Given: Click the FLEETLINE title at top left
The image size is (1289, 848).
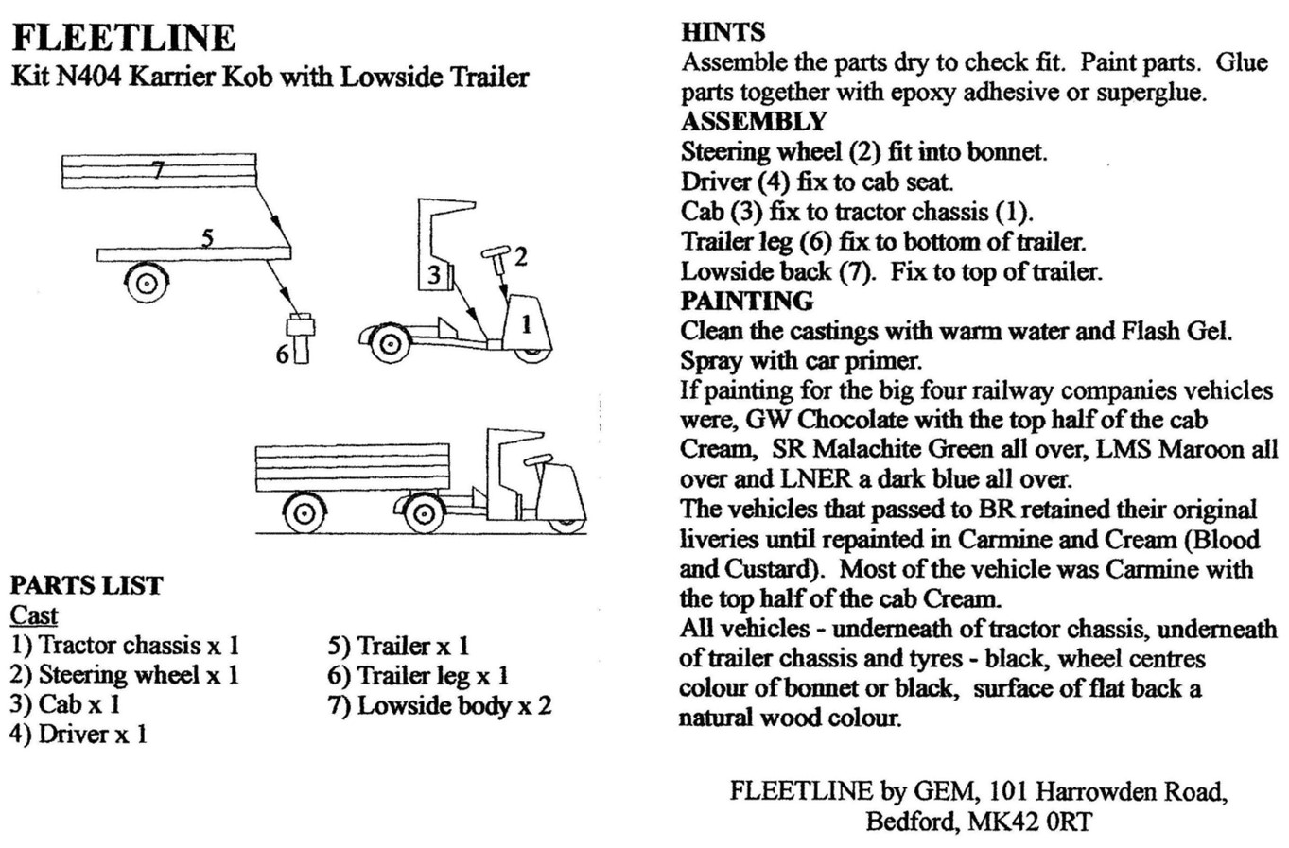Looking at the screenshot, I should click(x=123, y=38).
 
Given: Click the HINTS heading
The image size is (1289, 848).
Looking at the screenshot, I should click(x=723, y=32).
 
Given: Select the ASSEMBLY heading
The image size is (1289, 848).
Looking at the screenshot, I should click(x=754, y=122).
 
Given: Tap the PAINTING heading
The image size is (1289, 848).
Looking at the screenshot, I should click(x=747, y=302).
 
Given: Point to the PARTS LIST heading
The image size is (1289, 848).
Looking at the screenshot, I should click(x=86, y=585).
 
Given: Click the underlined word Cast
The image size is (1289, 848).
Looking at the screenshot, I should click(x=34, y=615).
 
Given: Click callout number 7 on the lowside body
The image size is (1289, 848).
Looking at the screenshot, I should click(x=157, y=170).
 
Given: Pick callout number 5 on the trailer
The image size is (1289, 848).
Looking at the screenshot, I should click(x=207, y=238).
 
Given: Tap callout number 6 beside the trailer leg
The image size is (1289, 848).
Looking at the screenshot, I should click(x=282, y=355).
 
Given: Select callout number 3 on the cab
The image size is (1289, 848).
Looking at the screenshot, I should click(x=433, y=275).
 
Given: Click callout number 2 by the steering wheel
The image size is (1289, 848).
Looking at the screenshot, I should click(x=520, y=256).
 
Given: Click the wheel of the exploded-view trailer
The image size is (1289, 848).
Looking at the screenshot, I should click(x=147, y=282).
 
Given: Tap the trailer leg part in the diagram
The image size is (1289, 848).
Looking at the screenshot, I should click(x=301, y=337).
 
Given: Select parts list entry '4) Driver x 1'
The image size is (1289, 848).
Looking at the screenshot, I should click(x=79, y=734).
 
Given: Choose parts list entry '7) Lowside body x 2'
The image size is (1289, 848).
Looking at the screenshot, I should click(x=440, y=705).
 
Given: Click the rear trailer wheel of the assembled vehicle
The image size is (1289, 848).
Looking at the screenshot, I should click(x=305, y=513).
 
